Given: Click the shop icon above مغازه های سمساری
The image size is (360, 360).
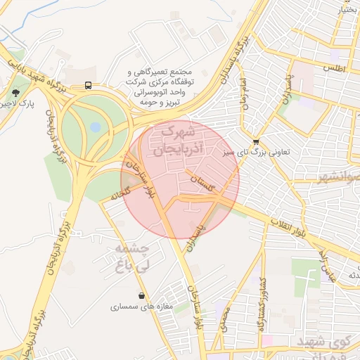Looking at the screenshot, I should point(143,295).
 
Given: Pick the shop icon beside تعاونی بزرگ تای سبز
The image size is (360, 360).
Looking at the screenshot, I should point(255,141).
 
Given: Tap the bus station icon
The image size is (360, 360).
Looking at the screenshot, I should point(89,85).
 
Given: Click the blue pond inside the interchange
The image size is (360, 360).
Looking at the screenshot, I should point(94,128).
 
